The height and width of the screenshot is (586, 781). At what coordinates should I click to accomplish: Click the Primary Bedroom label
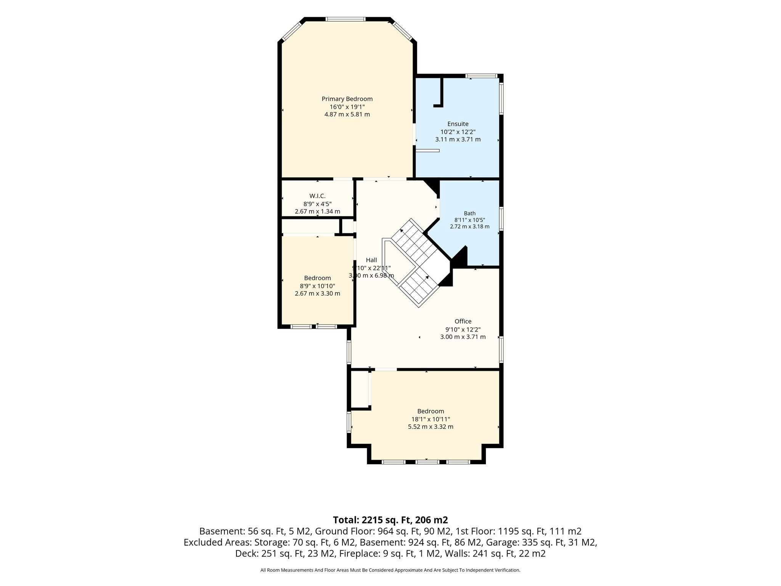(347, 99)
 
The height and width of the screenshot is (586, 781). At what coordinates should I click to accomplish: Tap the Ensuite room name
(458, 124)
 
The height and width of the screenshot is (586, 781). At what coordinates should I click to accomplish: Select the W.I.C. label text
(317, 196)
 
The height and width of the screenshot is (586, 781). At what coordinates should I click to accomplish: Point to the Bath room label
(469, 213)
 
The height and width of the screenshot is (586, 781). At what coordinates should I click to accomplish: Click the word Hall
(371, 260)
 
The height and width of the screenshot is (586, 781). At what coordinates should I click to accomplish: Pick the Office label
(463, 321)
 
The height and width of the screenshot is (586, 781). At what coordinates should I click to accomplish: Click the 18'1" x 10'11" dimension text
(431, 419)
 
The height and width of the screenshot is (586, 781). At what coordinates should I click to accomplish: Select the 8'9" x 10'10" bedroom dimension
(317, 286)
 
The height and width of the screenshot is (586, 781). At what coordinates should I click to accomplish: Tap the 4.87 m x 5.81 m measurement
(347, 114)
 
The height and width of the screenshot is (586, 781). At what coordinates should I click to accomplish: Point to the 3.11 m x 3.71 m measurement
(458, 140)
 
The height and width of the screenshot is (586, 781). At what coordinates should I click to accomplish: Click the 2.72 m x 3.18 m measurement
(469, 226)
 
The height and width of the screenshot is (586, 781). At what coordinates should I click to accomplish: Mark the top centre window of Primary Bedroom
(346, 19)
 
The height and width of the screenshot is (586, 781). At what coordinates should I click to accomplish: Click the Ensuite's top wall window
(482, 76)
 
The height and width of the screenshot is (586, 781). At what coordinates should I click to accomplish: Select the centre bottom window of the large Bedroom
(427, 462)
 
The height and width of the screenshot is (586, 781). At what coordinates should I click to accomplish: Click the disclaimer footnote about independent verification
(390, 570)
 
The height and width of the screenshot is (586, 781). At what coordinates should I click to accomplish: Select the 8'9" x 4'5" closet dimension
(317, 204)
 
